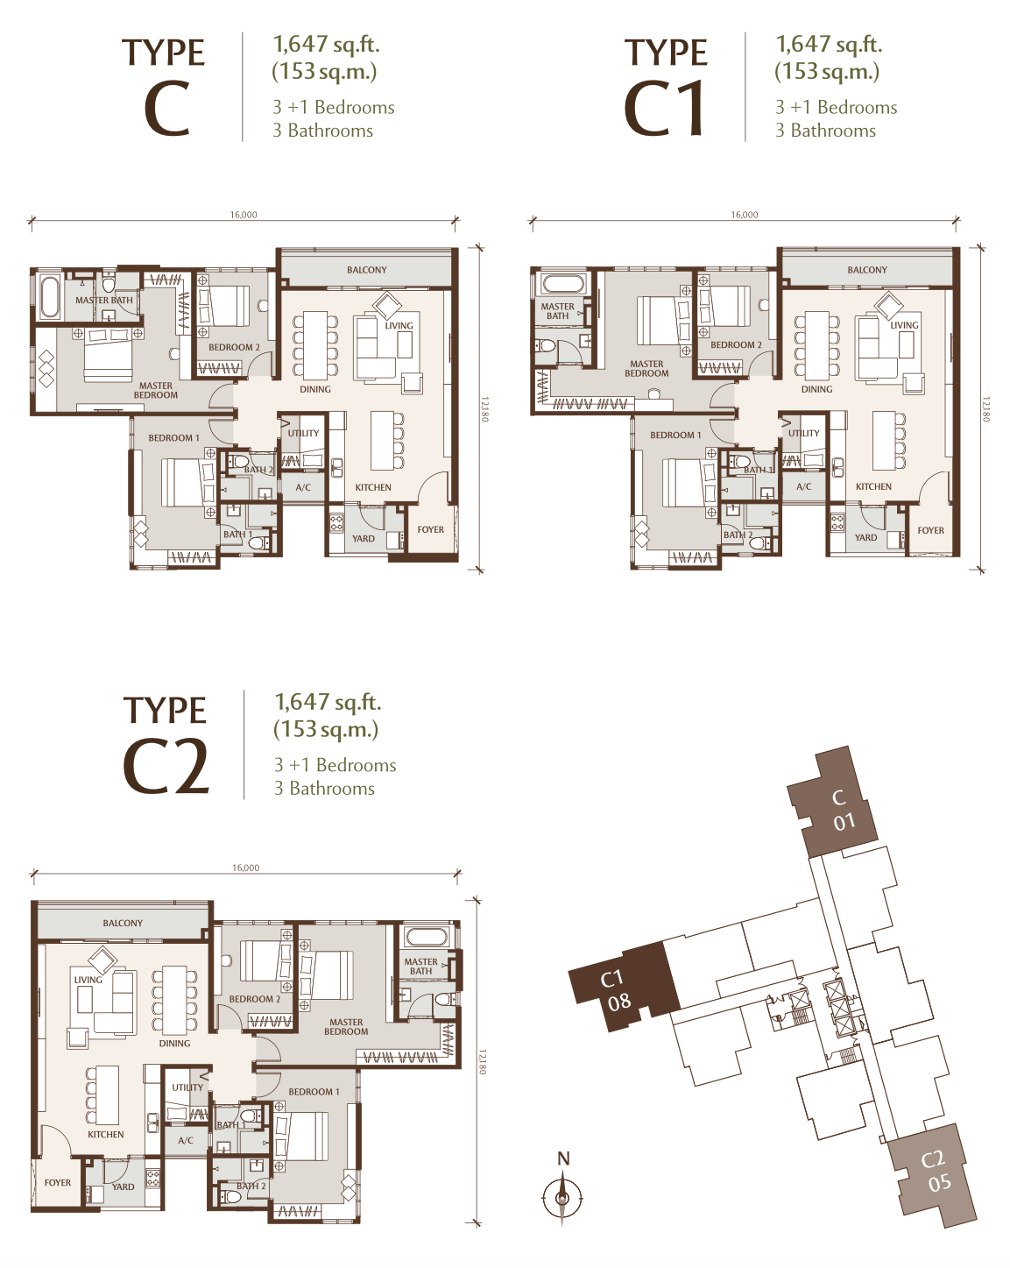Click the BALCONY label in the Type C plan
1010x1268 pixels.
pyautogui.click(x=366, y=270)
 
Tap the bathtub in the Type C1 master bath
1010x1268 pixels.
pyautogui.click(x=564, y=283)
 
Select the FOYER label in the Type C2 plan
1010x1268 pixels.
pyautogui.click(x=58, y=1182)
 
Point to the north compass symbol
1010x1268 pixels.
pyautogui.click(x=562, y=1196)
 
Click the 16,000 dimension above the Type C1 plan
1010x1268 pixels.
pyautogui.click(x=745, y=215)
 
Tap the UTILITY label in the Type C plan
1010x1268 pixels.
pyautogui.click(x=303, y=433)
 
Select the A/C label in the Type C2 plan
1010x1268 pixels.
pyautogui.click(x=186, y=1140)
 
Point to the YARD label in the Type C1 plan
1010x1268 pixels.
pyautogui.click(x=865, y=537)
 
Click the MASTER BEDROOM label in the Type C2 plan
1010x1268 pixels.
pyautogui.click(x=346, y=1026)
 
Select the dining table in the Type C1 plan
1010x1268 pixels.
pyautogui.click(x=816, y=345)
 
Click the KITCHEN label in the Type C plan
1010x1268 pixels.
pyautogui.click(x=373, y=487)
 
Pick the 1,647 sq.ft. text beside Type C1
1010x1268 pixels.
pyautogui.click(x=829, y=45)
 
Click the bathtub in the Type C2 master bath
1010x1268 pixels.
pyautogui.click(x=427, y=938)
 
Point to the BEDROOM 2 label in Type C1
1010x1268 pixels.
pyautogui.click(x=736, y=344)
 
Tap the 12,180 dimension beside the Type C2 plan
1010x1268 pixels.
pyautogui.click(x=483, y=1061)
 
